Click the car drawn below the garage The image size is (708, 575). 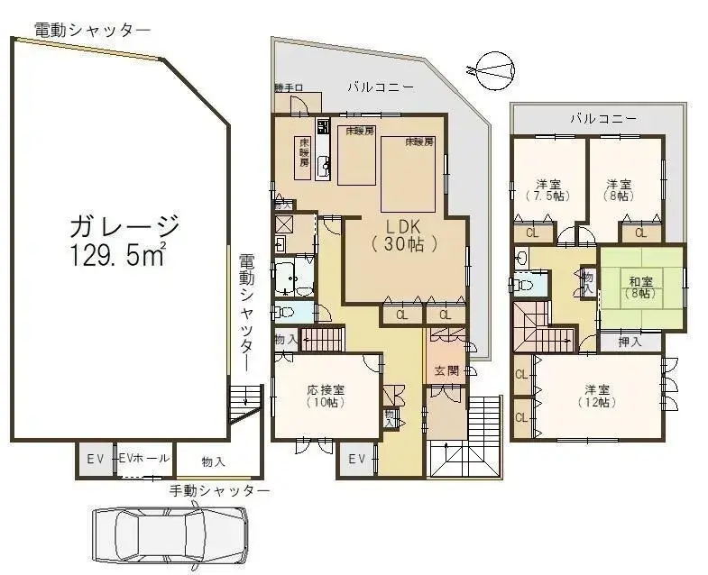(x=170, y=535)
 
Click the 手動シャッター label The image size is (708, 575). (x=220, y=491)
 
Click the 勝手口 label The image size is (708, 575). (x=288, y=88)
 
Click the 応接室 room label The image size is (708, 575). (x=326, y=390)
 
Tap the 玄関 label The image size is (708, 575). (x=446, y=370)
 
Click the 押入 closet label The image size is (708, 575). (x=630, y=342)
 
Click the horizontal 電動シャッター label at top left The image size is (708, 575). (x=92, y=30)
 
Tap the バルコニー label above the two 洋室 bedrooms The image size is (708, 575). (x=602, y=119)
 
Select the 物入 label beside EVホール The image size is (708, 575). (x=213, y=461)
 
